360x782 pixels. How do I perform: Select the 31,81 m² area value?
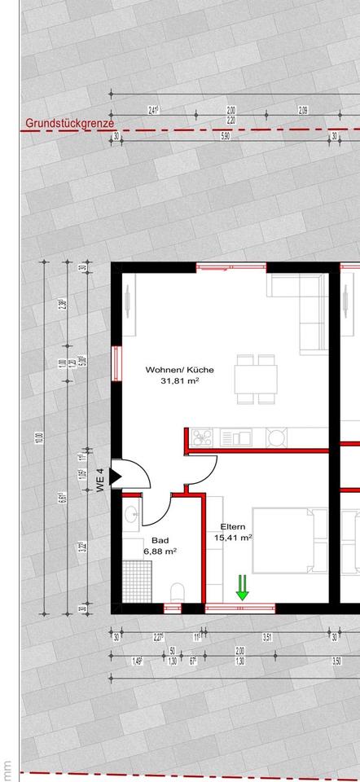pos(180,380)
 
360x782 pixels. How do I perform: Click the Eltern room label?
pos(232,527)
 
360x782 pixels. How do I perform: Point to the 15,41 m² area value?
pos(233,538)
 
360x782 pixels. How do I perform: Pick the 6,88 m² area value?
pos(160,551)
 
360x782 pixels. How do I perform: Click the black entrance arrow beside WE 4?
pos(115,476)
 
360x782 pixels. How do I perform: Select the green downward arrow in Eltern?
pos(242,587)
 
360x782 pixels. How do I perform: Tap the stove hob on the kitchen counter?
pos(202,437)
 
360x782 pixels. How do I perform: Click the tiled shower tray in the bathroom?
pos(135,581)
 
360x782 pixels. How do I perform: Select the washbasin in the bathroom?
pos(130,516)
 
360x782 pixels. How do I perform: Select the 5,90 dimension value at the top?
pos(226,137)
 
